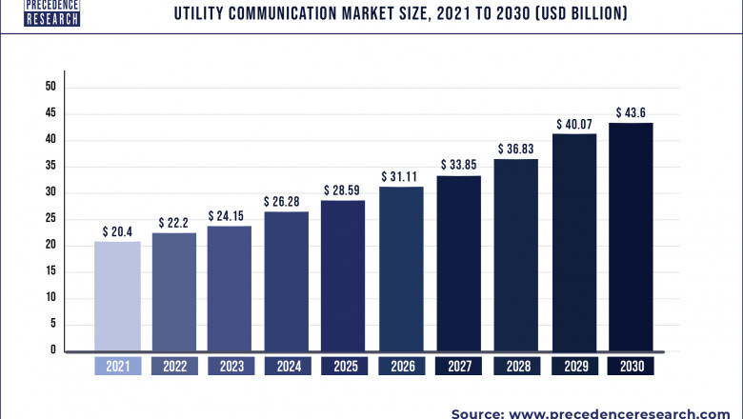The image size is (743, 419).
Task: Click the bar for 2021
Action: pos(118,296)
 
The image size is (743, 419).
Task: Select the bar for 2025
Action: pos(343,275)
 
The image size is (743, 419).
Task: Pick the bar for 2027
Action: pos(458,263)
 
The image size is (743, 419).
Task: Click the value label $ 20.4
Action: pos(118,230)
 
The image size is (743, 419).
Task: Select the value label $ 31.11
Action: pos(401,176)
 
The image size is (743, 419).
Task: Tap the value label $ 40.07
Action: pos(573,124)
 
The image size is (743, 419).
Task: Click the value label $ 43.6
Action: pos(631,112)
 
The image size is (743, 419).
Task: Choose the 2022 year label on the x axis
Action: pos(174,366)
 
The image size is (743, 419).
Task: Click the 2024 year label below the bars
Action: pos(286,366)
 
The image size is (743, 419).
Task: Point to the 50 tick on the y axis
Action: pos(50,87)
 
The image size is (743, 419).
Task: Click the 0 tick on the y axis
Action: pos(53,350)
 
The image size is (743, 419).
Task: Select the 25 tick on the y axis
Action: pos(50,219)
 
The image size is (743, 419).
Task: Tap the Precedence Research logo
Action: pos(39,11)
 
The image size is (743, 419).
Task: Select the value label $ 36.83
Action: pos(515,149)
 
